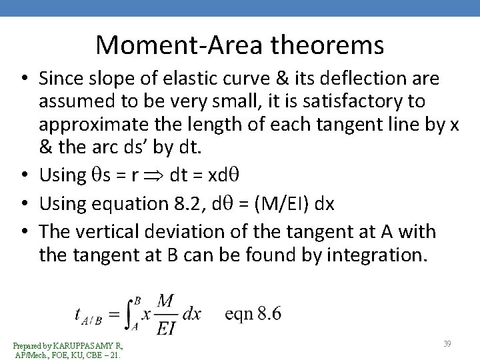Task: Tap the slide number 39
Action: [447, 343]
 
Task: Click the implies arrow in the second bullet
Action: [155, 175]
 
